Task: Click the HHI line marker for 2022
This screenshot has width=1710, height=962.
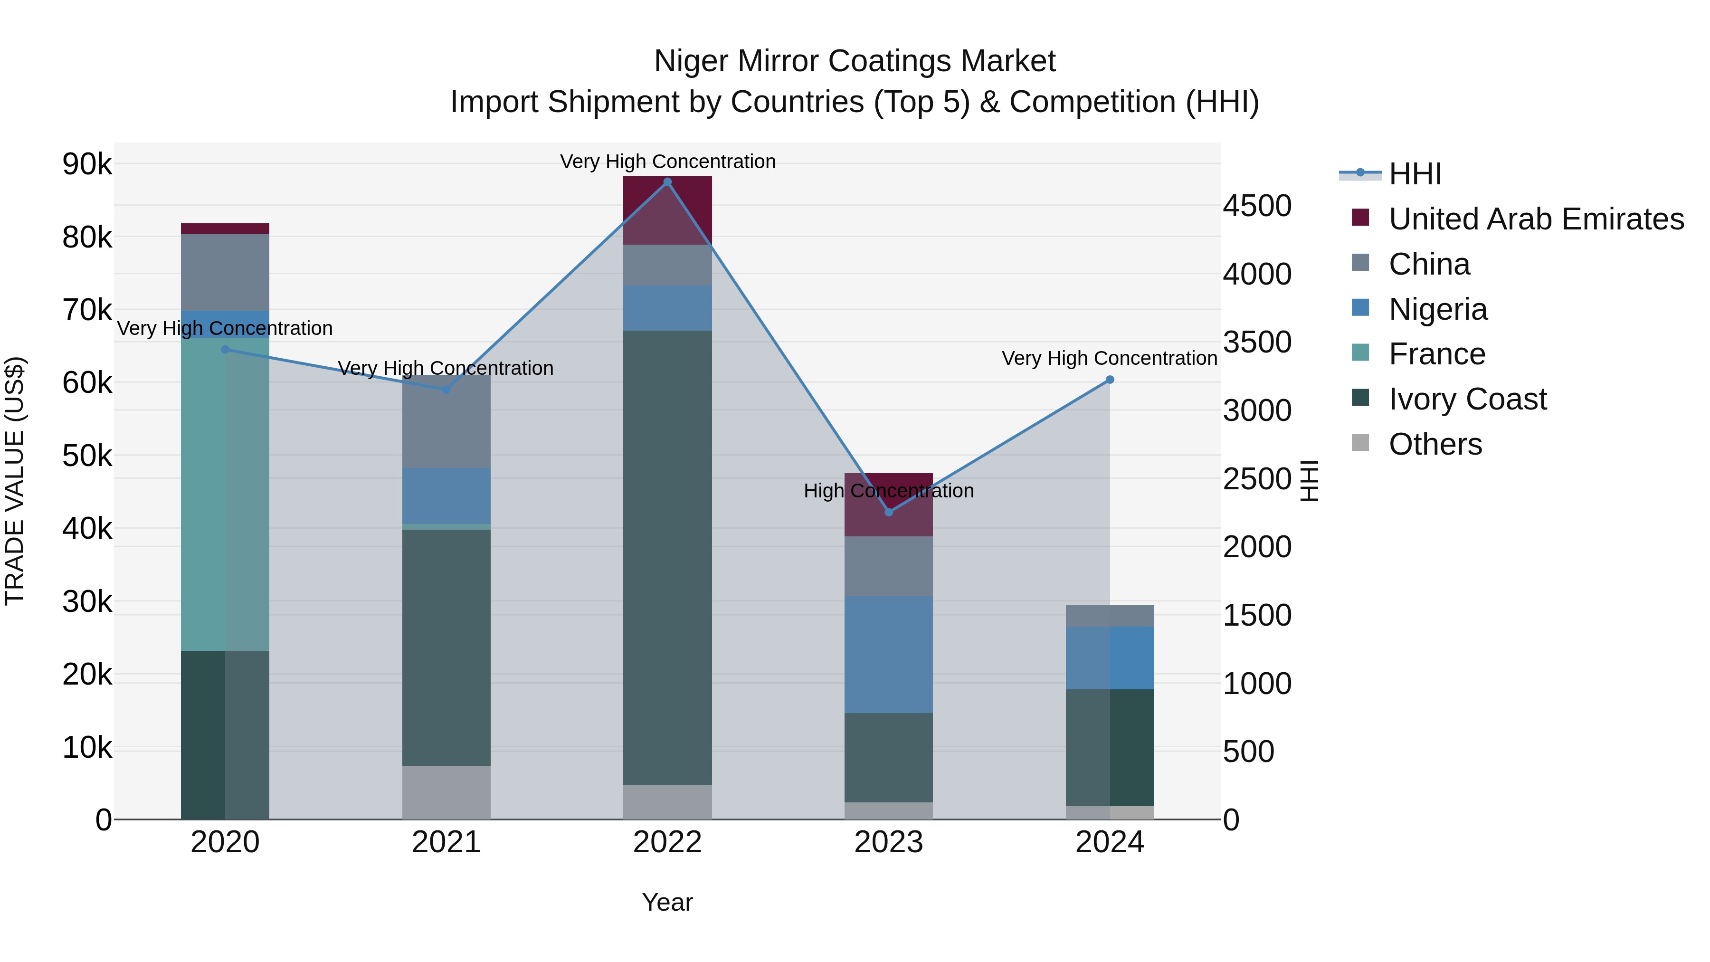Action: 667,182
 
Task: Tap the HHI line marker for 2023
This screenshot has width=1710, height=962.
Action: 889,512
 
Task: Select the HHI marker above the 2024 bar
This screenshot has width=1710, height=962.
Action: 1110,380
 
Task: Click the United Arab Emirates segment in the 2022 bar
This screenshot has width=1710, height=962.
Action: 667,210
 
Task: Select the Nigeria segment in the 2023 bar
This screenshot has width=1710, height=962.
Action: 888,655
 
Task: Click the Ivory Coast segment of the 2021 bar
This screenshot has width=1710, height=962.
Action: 446,648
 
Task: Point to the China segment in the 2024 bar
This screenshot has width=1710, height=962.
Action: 1110,616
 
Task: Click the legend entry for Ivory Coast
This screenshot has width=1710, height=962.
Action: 1467,400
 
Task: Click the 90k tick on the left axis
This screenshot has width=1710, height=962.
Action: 87,164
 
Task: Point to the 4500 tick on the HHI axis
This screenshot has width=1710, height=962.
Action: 1256,206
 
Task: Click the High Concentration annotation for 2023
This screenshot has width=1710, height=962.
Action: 888,491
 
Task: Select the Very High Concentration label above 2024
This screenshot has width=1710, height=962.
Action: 1109,359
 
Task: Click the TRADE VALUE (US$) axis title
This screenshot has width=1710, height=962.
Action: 15,481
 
